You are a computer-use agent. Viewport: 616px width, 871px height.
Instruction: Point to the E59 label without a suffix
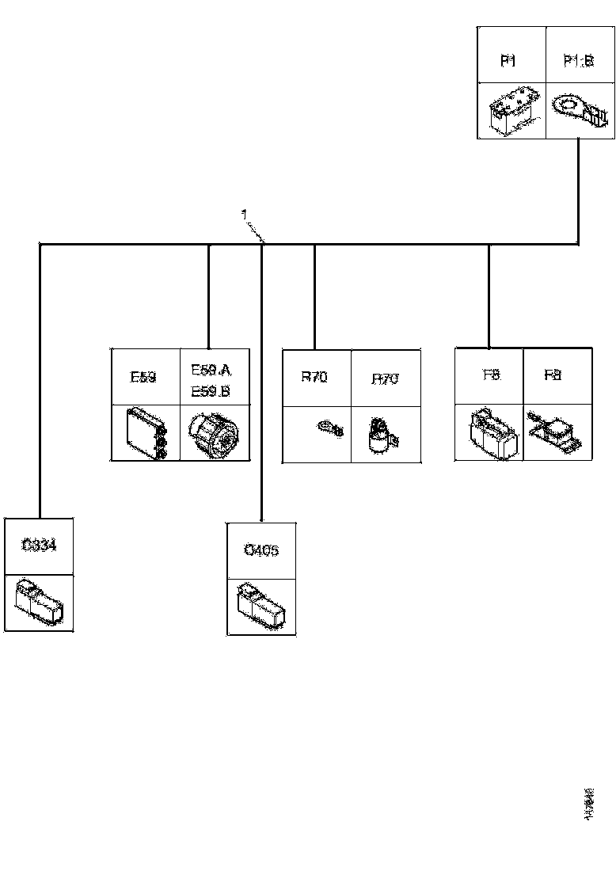tap(143, 377)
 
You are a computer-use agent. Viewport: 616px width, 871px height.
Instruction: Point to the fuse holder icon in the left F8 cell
tap(491, 432)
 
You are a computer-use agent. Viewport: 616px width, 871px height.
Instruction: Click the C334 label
tap(39, 546)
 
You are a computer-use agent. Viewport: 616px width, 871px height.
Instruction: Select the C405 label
tap(261, 550)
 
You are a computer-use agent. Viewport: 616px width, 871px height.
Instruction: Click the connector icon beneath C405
tap(261, 607)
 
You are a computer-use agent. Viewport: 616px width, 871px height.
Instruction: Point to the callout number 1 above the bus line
tap(244, 215)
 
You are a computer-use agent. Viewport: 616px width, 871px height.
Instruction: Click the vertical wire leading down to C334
tap(39, 380)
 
